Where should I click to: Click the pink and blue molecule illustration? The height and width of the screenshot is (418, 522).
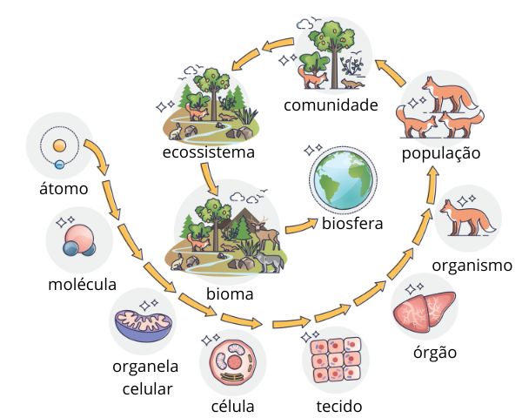click(x=77, y=239)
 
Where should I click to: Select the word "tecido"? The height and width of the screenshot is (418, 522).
click(x=339, y=406)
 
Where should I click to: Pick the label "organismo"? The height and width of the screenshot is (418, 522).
click(x=472, y=266)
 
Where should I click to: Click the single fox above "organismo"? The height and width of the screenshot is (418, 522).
click(x=465, y=218)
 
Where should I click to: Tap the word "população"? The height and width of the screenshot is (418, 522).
click(x=441, y=153)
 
